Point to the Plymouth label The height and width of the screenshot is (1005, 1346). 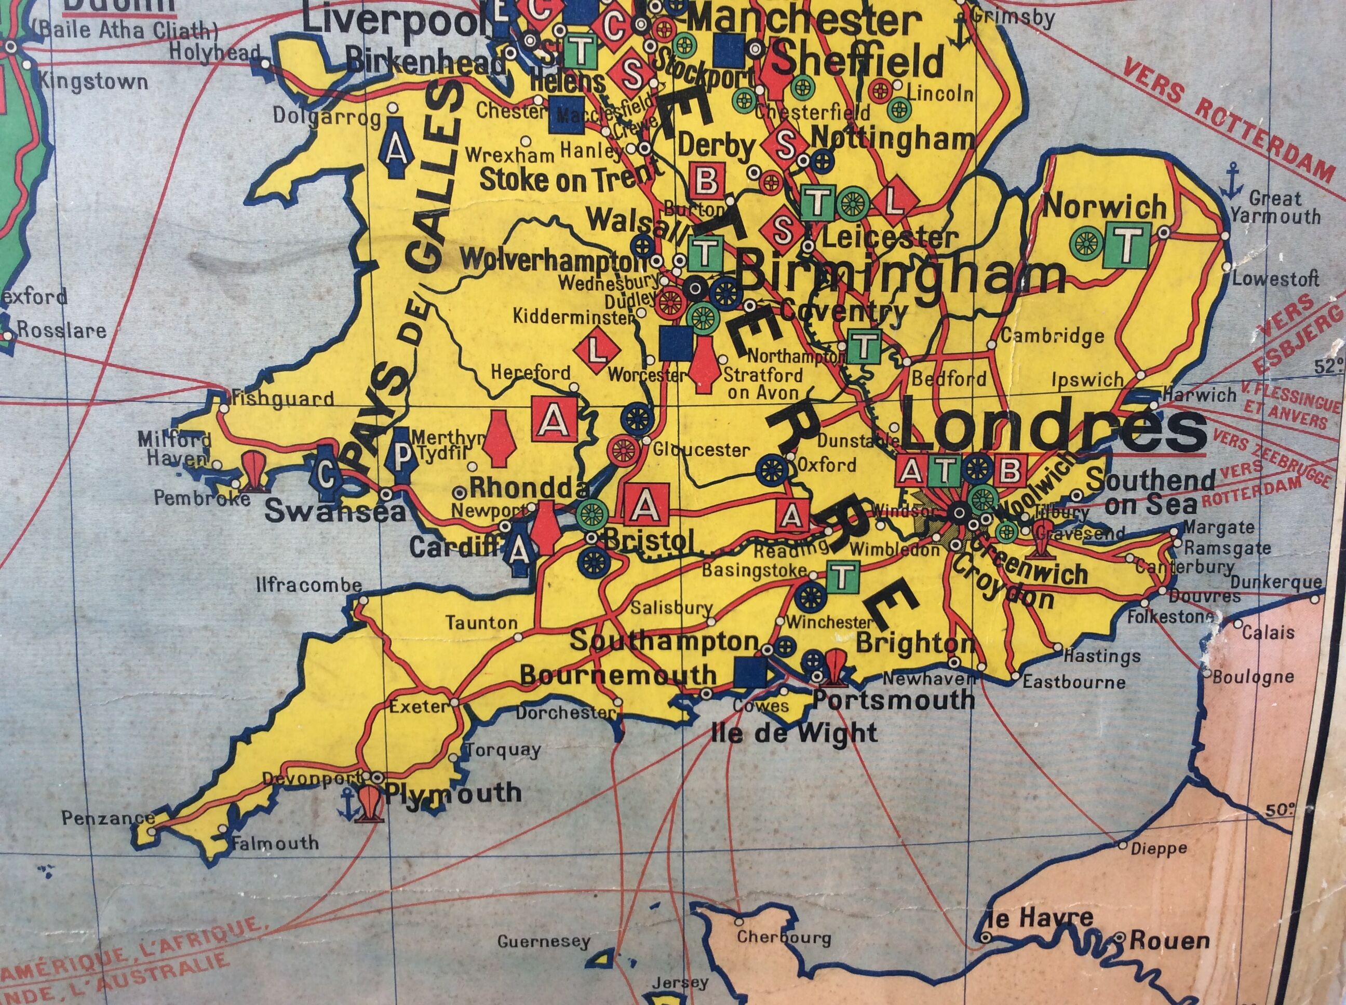(x=453, y=793)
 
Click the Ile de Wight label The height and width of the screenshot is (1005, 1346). (x=794, y=732)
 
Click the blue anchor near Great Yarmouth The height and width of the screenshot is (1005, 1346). (x=1232, y=180)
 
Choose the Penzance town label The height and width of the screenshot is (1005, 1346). (x=100, y=819)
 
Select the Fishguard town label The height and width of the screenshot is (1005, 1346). (x=284, y=399)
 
